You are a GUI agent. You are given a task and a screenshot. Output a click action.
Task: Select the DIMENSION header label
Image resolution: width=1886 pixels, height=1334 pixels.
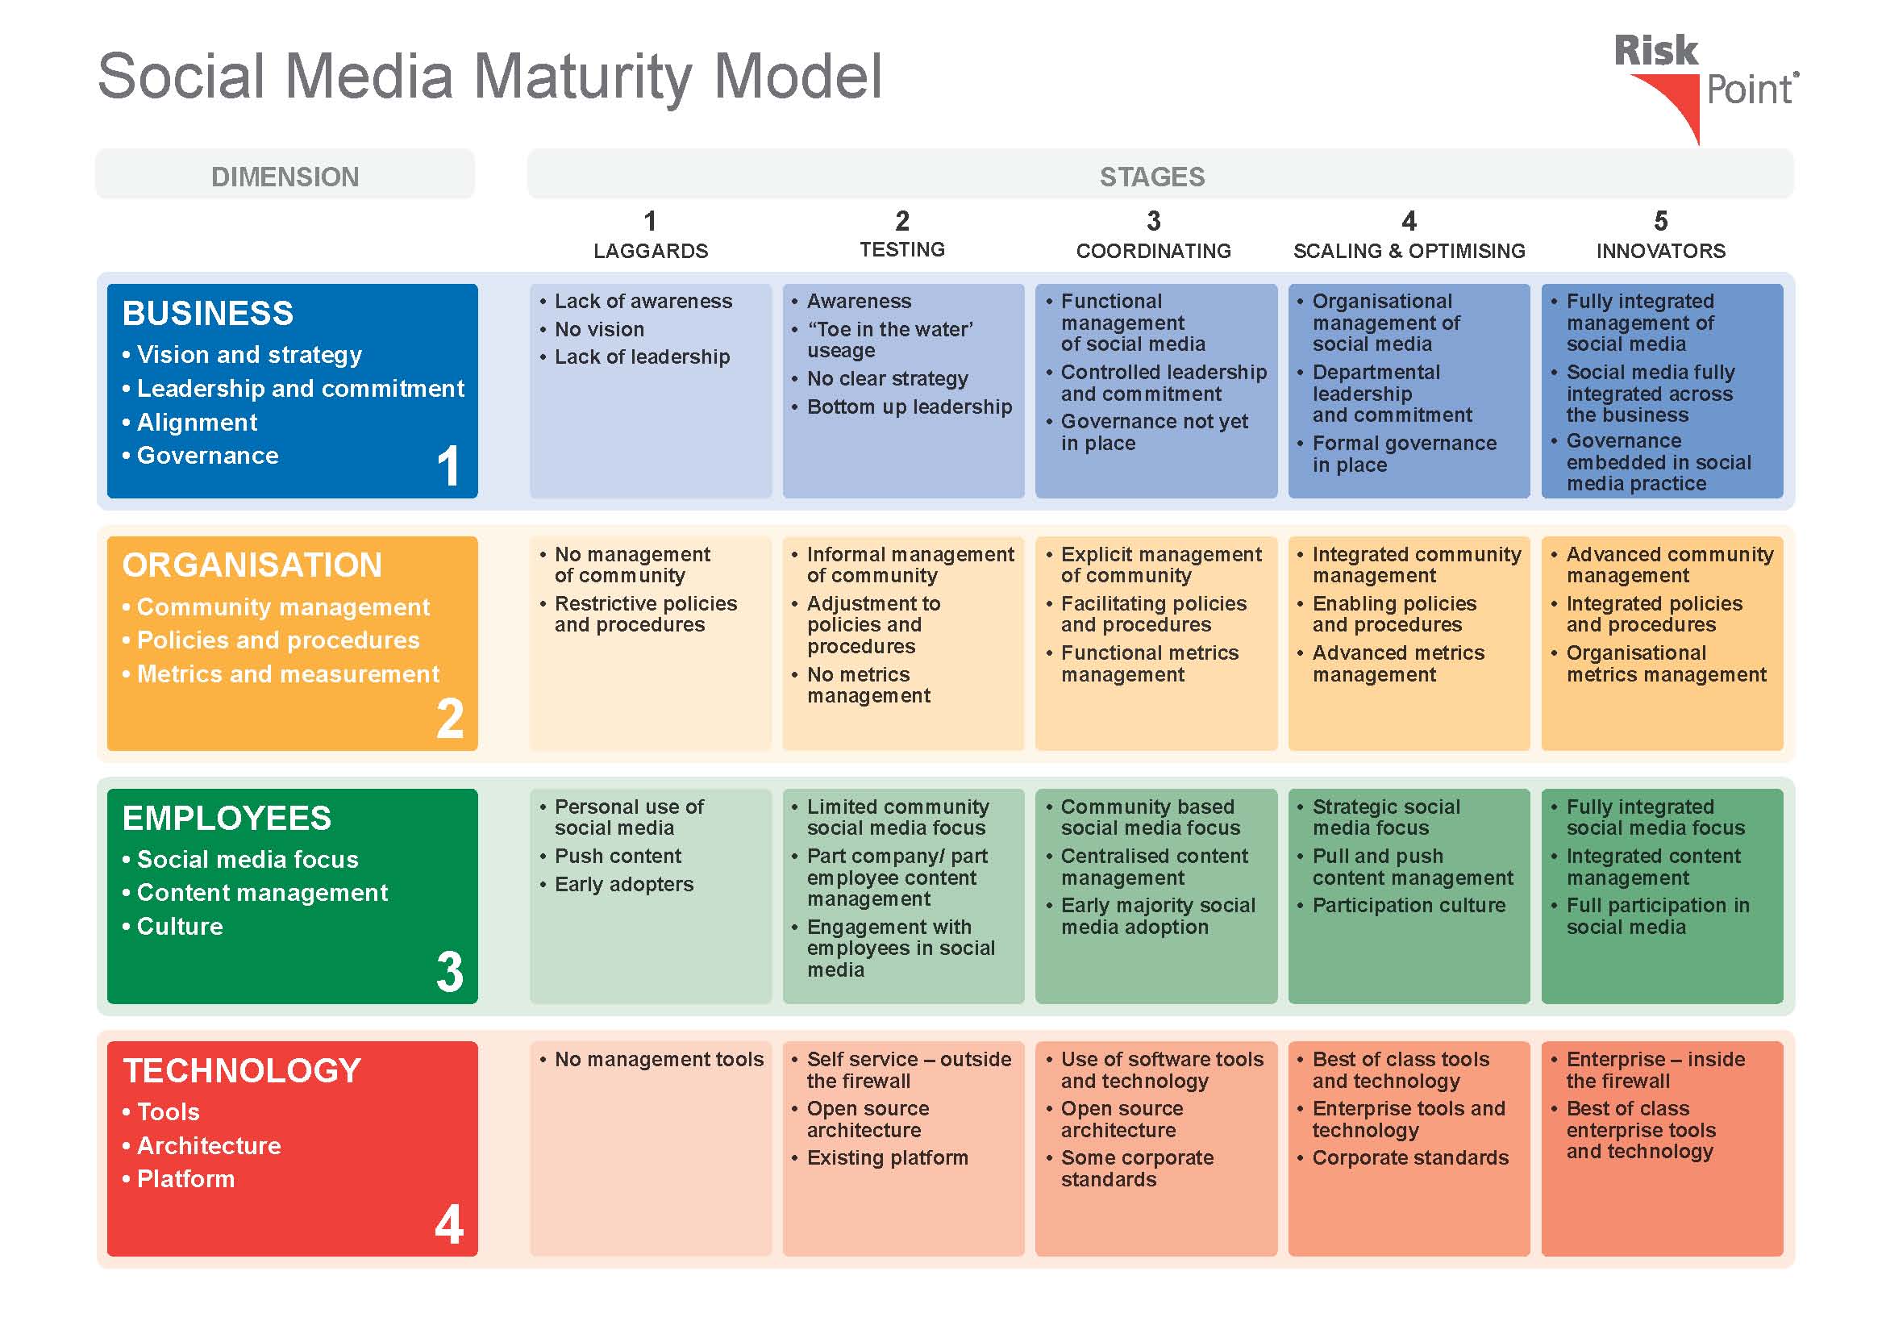pyautogui.click(x=285, y=177)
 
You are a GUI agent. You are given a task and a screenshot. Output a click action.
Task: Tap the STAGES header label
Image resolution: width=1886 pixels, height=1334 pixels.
pyautogui.click(x=1152, y=177)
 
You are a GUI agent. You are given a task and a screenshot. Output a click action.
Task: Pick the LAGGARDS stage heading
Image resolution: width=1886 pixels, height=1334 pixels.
pyautogui.click(x=651, y=251)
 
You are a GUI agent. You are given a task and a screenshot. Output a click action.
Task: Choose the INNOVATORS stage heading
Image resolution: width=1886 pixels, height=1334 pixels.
pyautogui.click(x=1661, y=251)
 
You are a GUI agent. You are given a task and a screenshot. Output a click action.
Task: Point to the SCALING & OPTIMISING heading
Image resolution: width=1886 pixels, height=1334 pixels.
pyautogui.click(x=1409, y=251)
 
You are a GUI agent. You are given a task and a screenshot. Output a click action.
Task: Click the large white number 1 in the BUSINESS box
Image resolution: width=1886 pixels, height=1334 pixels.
pyautogui.click(x=448, y=465)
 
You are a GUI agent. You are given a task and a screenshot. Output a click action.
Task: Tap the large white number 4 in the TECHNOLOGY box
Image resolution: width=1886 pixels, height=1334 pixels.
pyautogui.click(x=449, y=1224)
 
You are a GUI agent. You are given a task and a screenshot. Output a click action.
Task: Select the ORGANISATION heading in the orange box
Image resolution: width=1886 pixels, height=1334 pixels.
pyautogui.click(x=252, y=565)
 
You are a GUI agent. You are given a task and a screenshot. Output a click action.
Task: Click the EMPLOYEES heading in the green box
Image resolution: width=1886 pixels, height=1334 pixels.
pyautogui.click(x=227, y=818)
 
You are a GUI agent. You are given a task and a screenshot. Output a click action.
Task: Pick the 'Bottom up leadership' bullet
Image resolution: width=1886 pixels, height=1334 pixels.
pyautogui.click(x=902, y=406)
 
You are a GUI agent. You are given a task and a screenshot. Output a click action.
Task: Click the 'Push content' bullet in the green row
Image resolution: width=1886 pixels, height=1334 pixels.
pyautogui.click(x=610, y=856)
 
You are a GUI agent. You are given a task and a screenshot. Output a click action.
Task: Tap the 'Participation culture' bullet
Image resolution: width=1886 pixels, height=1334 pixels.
pyautogui.click(x=1401, y=905)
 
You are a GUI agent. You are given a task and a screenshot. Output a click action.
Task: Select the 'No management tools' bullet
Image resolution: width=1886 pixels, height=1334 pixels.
pyautogui.click(x=652, y=1060)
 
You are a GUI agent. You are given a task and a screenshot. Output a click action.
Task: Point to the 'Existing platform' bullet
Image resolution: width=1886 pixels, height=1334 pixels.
pyautogui.click(x=880, y=1157)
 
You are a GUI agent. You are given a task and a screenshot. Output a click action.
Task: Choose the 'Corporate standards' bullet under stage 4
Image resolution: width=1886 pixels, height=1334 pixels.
pyautogui.click(x=1403, y=1157)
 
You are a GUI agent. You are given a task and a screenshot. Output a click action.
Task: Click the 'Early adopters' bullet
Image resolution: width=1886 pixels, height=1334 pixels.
pyautogui.click(x=616, y=884)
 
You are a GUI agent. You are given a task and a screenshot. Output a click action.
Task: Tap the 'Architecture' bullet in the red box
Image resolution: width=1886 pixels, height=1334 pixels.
pyautogui.click(x=202, y=1146)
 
